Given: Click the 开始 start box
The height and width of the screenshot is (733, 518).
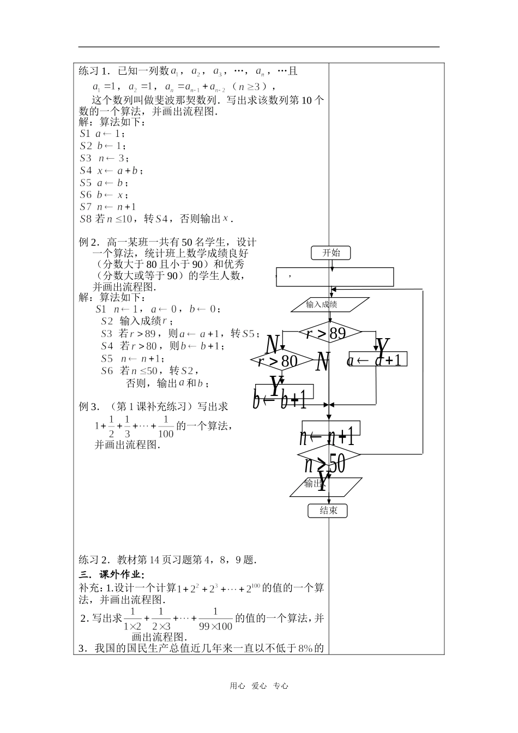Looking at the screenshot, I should click(331, 253).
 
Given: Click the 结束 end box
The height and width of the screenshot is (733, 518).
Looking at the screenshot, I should click(328, 510).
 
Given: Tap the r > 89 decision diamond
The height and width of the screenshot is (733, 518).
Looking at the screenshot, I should click(329, 332).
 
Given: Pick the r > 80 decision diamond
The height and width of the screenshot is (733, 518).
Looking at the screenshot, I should click(278, 360).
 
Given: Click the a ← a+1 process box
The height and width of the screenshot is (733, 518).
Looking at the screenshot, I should click(377, 359).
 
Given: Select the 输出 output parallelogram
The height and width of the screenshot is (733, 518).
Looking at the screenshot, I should click(326, 486).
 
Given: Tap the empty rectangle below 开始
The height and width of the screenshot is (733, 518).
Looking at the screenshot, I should click(335, 277).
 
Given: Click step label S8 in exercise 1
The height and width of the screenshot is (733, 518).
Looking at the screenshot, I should click(86, 219).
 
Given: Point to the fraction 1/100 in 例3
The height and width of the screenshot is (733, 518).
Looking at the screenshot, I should click(165, 427).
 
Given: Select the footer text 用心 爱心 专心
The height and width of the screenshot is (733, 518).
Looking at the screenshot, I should click(258, 686).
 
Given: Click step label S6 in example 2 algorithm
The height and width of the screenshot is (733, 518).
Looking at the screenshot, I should click(107, 371).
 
